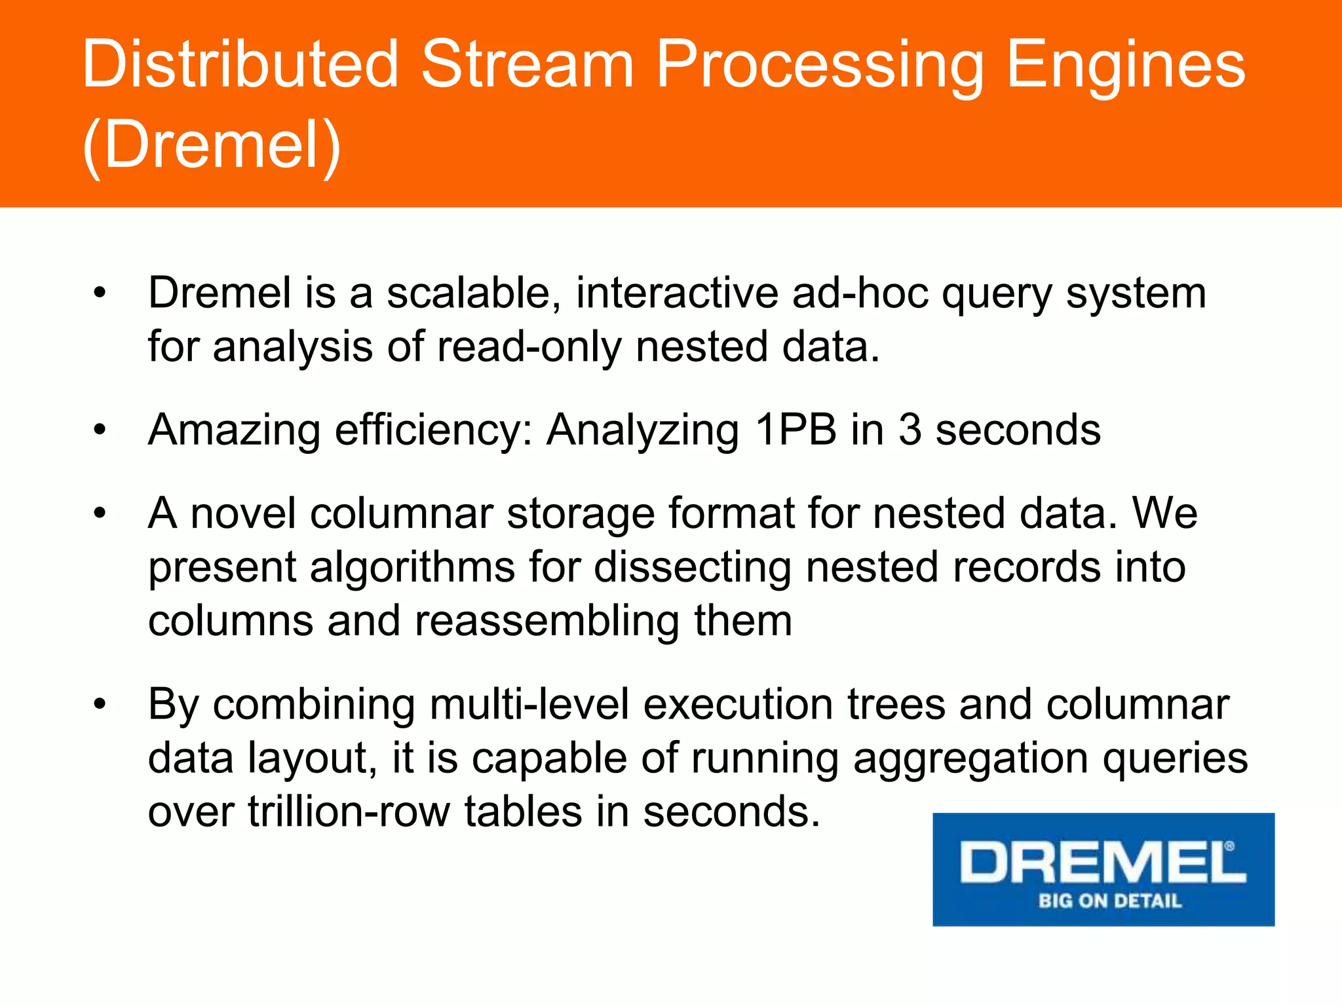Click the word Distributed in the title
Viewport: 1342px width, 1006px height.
point(240,64)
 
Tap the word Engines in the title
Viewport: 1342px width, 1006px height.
point(1125,64)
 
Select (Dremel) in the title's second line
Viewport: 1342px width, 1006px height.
point(212,145)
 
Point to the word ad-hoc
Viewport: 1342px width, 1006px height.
point(860,293)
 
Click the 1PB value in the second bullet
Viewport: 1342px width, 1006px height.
point(795,430)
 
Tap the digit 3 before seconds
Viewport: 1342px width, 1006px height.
point(910,430)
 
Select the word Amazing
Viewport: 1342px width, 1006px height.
point(235,430)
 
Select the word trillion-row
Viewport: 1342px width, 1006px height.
point(349,811)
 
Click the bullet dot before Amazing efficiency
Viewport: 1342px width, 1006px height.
point(100,430)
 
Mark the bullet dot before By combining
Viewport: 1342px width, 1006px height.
point(100,705)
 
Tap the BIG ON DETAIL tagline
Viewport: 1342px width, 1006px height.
point(1109,901)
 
